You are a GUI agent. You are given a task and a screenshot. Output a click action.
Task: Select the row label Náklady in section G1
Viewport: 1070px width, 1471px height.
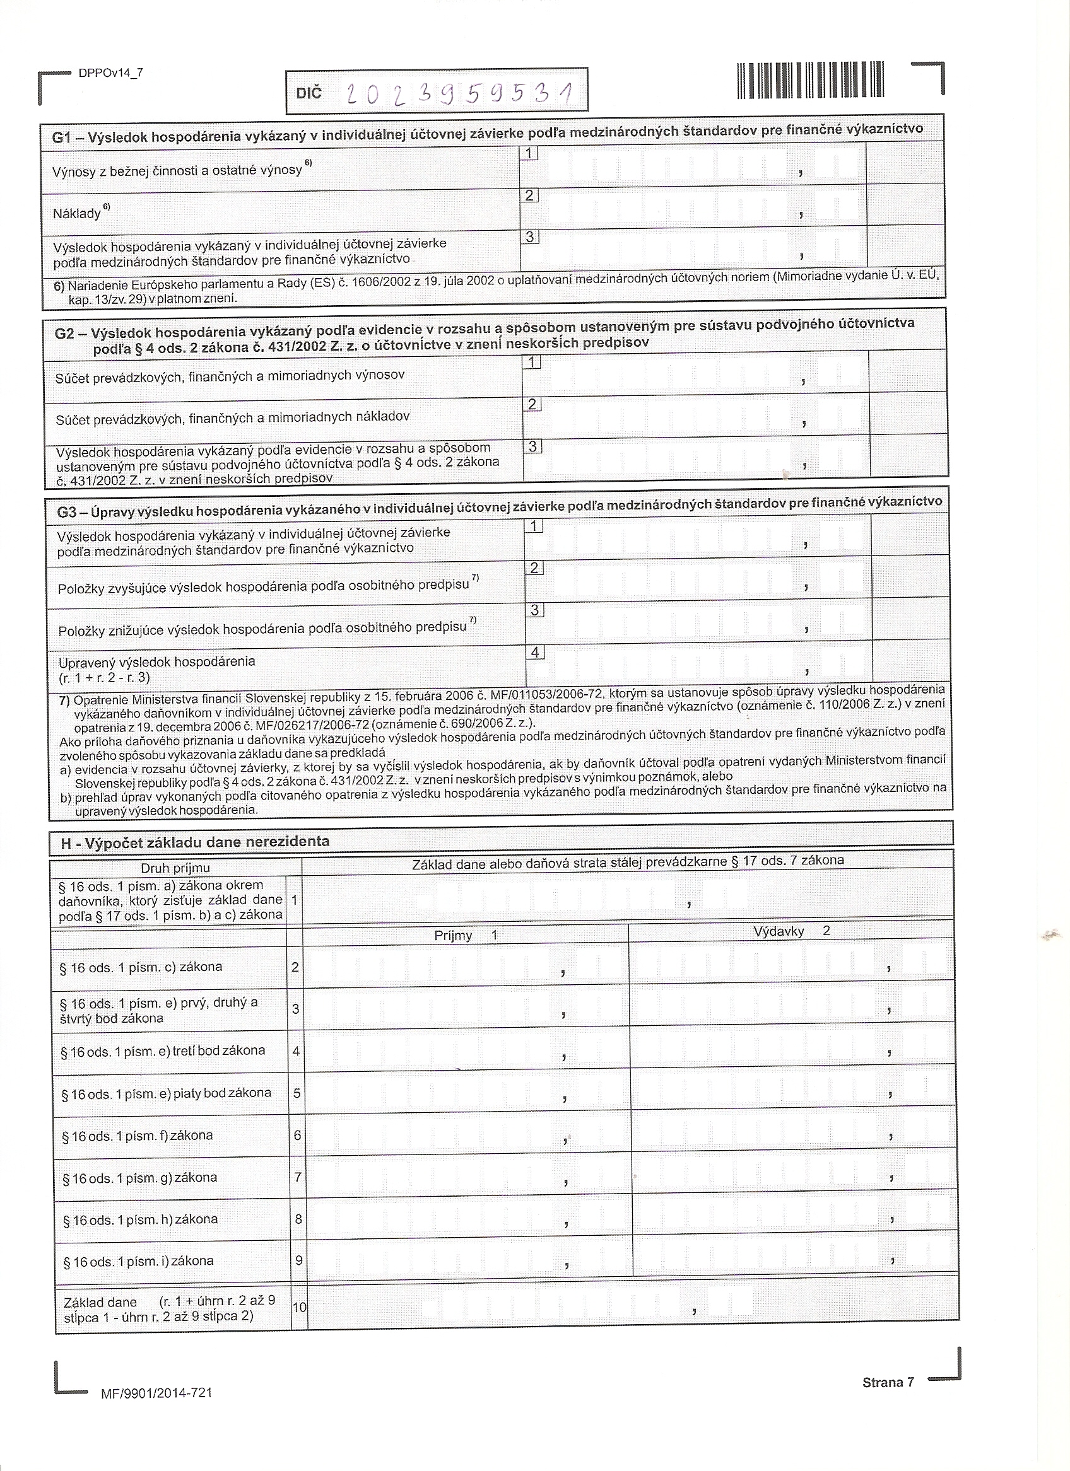point(76,212)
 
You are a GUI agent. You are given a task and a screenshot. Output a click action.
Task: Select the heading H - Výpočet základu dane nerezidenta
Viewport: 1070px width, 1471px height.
point(195,842)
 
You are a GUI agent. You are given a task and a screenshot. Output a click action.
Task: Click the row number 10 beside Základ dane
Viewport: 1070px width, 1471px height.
point(298,1307)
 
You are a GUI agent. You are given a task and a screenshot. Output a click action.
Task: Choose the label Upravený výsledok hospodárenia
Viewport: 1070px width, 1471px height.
point(156,662)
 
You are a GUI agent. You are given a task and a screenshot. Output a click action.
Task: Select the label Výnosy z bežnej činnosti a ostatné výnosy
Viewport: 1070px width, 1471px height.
point(177,170)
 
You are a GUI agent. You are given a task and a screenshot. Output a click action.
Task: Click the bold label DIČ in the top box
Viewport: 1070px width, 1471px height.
point(309,93)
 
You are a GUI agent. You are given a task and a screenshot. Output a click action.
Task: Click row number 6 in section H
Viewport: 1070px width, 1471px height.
point(297,1135)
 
